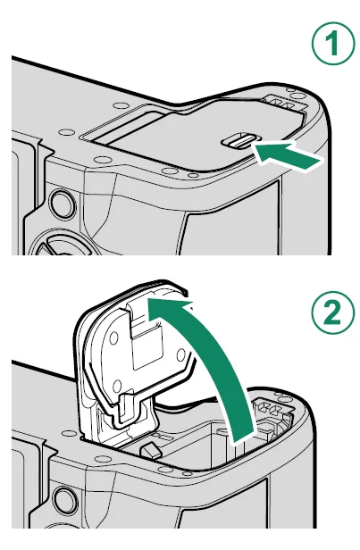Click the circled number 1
(333, 44)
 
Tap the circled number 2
(333, 312)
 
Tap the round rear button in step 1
(62, 204)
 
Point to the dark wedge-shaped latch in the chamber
(150, 450)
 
